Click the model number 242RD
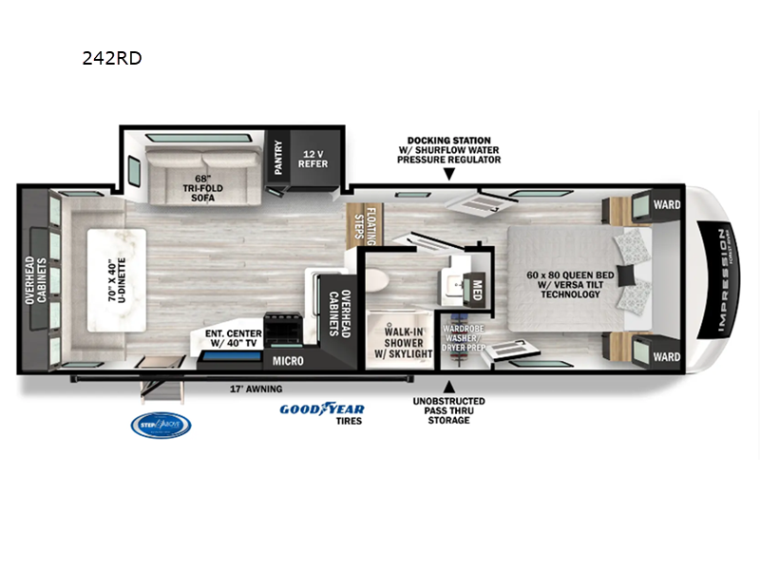113,57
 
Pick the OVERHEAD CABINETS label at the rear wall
34,281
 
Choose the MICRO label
287,361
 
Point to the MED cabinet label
478,290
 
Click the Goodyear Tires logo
321,413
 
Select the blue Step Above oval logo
161,425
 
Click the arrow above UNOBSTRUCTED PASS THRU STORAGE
449,386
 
